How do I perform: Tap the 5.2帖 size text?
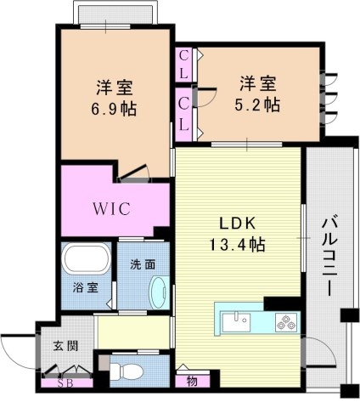point(259,105)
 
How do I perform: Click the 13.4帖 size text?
point(239,245)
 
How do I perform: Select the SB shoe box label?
point(64,382)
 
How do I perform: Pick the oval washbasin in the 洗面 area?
point(156,292)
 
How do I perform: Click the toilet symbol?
point(127,370)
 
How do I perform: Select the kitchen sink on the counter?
point(234,322)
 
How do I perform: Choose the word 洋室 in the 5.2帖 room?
point(258,83)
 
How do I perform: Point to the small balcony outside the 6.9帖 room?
point(105,14)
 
